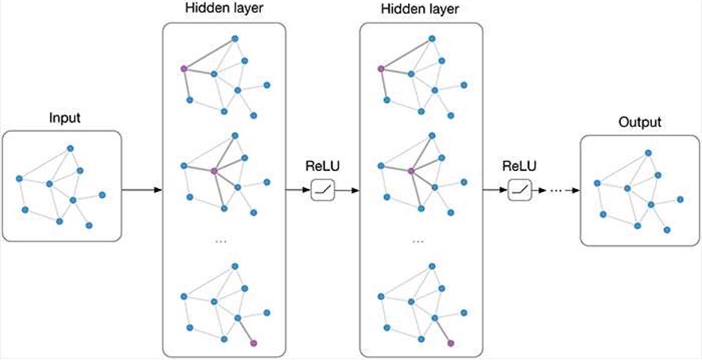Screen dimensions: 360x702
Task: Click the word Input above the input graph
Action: coord(64,118)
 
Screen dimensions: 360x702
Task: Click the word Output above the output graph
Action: coord(639,122)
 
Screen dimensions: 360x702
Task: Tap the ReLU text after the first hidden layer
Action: coord(322,166)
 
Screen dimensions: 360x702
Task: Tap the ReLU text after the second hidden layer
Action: coord(519,166)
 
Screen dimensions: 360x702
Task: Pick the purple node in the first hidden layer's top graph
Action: coord(183,68)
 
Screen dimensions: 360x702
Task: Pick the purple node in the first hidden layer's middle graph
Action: coord(214,171)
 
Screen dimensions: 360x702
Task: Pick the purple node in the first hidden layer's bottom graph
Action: coord(253,343)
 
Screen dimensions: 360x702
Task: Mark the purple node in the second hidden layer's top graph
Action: coord(380,68)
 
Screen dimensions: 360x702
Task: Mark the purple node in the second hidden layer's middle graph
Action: coord(411,171)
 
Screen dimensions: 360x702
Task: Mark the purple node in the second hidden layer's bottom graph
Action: coord(451,343)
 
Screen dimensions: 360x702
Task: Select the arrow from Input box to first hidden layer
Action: coord(142,190)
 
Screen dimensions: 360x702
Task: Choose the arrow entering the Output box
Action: coord(573,190)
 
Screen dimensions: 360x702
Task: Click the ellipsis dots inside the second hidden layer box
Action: coord(418,241)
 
